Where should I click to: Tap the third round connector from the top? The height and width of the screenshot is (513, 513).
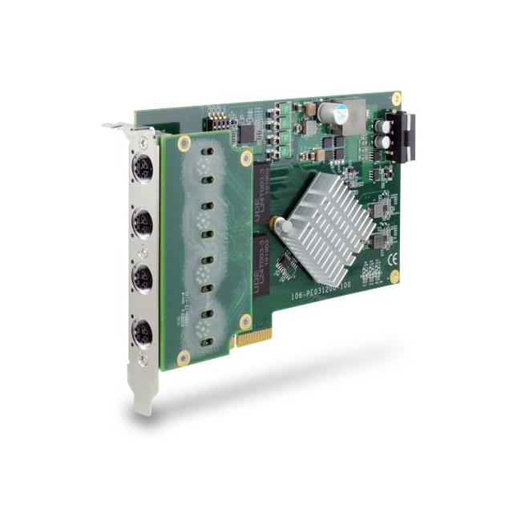pos(143,274)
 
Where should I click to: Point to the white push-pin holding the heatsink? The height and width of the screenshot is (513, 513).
pos(283,227)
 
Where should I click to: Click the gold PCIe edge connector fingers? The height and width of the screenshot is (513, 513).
pos(255,337)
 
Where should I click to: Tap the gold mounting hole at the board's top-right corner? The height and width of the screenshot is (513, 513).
pos(395,98)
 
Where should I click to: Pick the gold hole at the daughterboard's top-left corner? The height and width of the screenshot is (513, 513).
pos(184,143)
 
